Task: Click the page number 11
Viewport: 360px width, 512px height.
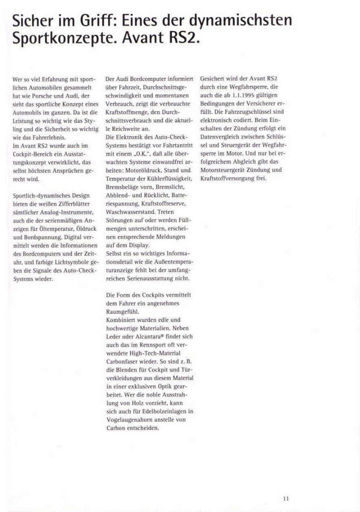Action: pos(285,497)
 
